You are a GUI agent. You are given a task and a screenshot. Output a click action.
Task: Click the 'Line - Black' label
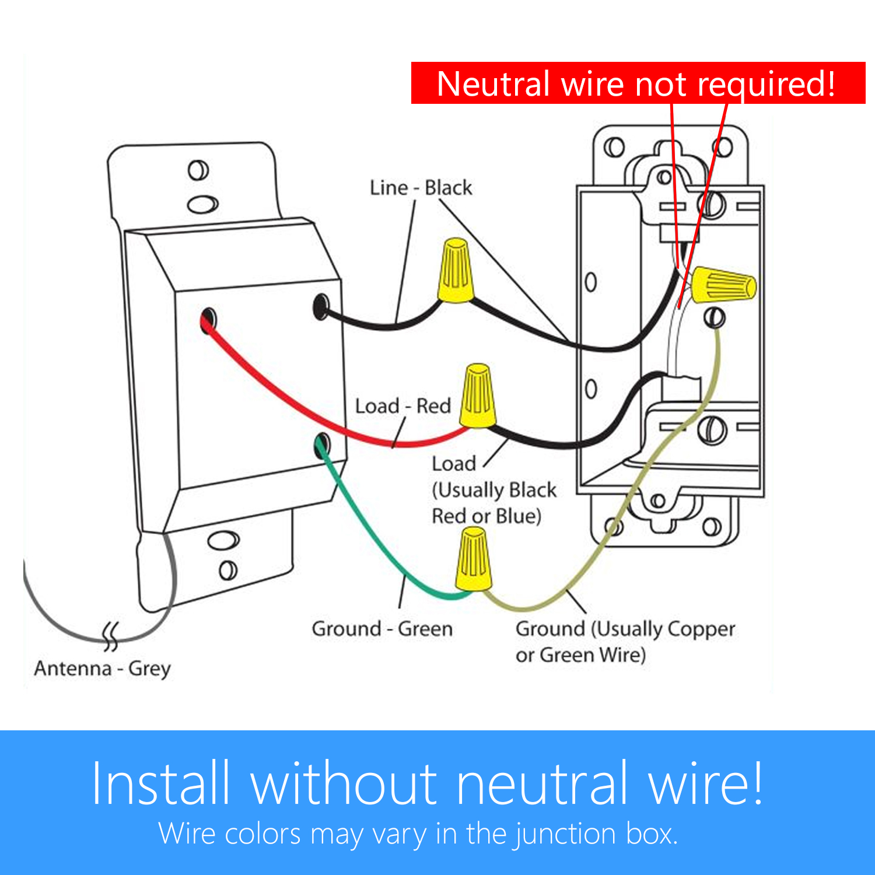[421, 188]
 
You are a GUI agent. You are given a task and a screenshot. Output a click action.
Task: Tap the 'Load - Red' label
[403, 406]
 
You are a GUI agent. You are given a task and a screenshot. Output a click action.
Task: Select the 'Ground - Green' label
[382, 629]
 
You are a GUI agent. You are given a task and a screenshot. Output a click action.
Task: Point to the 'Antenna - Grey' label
[102, 668]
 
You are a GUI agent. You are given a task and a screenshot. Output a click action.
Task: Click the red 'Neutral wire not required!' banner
[638, 83]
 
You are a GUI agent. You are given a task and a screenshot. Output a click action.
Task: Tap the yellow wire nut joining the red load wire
[478, 396]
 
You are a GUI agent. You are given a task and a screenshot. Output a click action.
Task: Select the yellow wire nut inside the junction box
[723, 285]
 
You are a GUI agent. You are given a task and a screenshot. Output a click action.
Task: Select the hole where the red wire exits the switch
[208, 319]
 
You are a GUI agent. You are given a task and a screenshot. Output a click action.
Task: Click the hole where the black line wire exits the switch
[321, 307]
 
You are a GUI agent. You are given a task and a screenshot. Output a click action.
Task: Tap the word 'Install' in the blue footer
[160, 783]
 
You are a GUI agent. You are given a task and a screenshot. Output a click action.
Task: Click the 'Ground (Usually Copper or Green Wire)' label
[625, 641]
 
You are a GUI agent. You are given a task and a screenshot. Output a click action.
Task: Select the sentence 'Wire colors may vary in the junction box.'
[418, 834]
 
